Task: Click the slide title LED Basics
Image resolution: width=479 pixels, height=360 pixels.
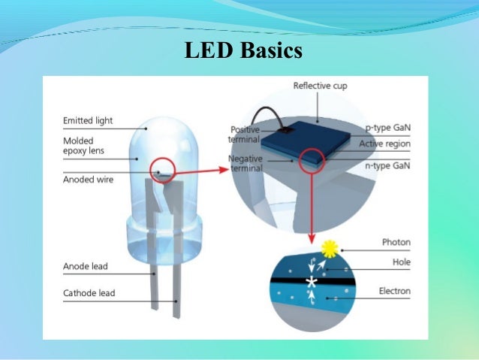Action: pyautogui.click(x=243, y=50)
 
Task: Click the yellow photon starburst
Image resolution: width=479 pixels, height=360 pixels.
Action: pyautogui.click(x=328, y=247)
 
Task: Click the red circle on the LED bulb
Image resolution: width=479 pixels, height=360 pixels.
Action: pyautogui.click(x=163, y=170)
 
